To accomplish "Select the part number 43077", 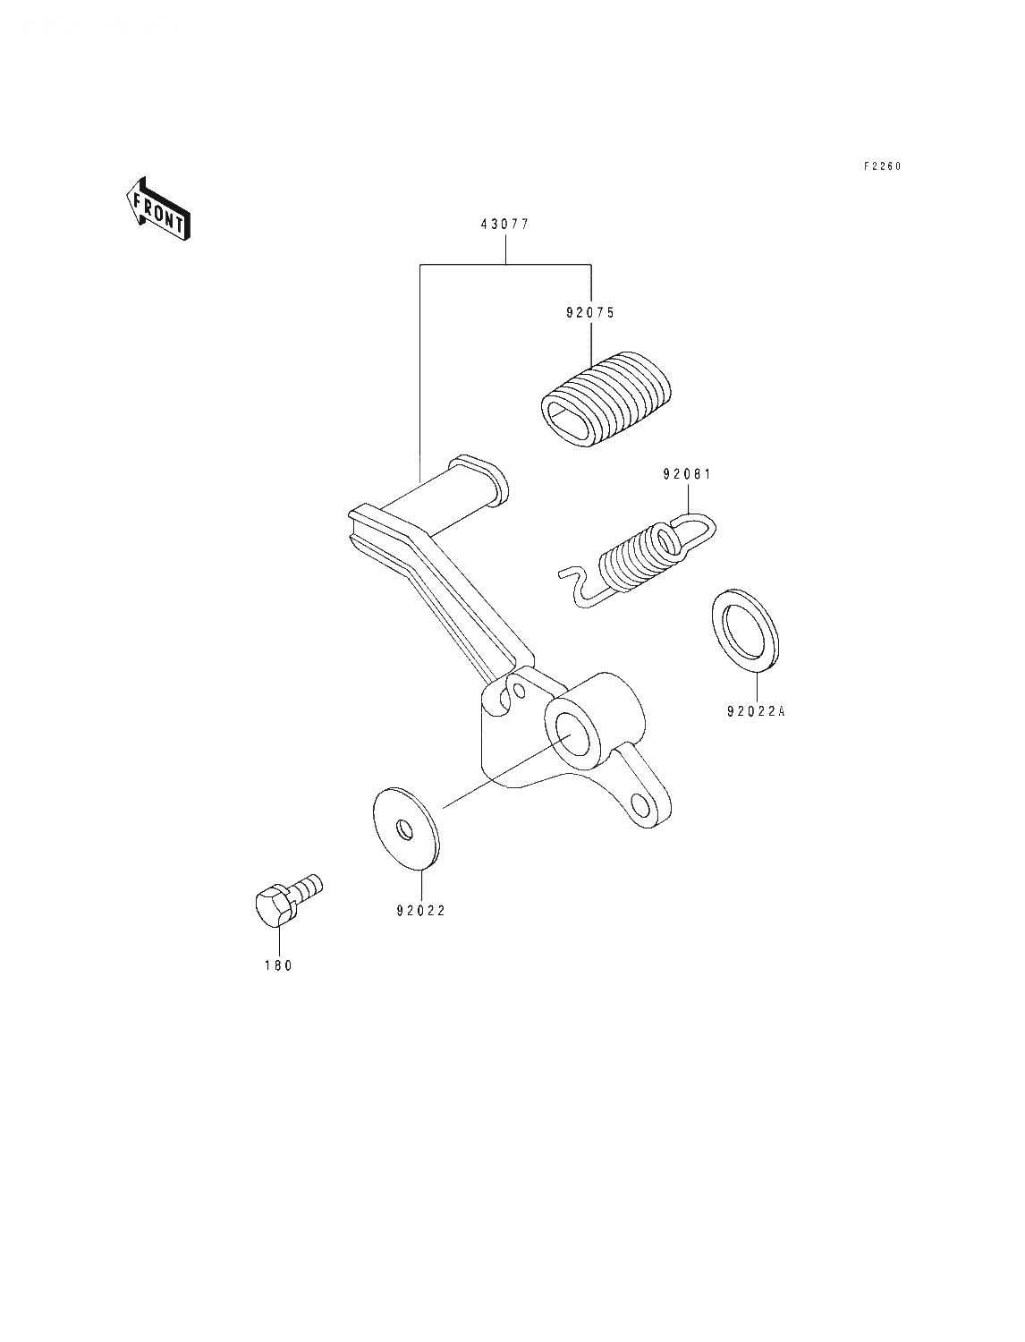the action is click(504, 225).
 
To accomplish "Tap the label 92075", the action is click(590, 312).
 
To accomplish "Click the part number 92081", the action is click(688, 474).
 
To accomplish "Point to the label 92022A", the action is click(756, 711).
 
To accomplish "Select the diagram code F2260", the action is click(882, 166).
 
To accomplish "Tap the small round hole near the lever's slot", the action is click(520, 691).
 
